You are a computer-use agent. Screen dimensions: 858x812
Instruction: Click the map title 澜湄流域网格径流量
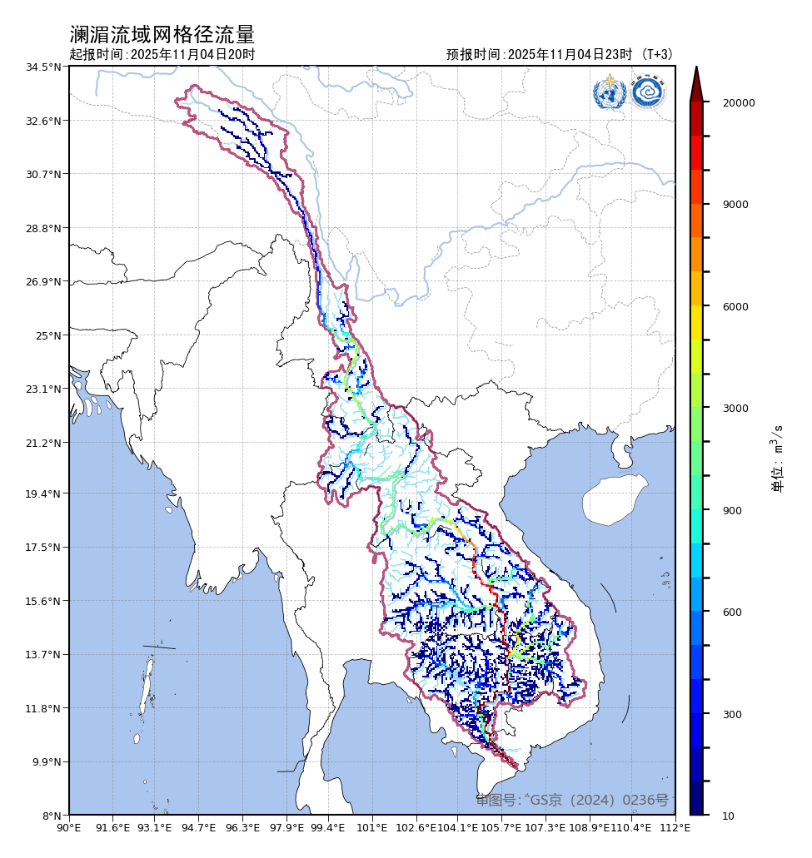162,35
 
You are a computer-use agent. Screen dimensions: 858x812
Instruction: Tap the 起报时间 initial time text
162,55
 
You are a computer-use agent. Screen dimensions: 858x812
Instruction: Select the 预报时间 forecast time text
559,55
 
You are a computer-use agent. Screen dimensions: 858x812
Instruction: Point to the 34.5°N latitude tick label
44,67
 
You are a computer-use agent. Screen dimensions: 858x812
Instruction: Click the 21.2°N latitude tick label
44,443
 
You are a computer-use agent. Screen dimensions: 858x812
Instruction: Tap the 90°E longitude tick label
69,828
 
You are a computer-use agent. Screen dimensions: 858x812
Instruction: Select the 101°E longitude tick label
371,828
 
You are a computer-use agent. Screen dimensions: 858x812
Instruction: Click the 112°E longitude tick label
675,828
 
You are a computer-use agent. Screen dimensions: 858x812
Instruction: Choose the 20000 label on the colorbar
738,103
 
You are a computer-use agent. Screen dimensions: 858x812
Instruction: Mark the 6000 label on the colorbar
735,307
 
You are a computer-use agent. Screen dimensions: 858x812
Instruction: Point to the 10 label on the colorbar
728,816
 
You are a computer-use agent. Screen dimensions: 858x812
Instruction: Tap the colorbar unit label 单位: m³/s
778,458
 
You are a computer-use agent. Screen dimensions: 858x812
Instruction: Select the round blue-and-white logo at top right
647,92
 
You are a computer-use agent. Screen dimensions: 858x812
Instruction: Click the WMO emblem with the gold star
610,92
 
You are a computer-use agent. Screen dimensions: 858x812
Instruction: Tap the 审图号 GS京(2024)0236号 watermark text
572,801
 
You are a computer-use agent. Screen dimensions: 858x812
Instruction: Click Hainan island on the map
615,499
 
